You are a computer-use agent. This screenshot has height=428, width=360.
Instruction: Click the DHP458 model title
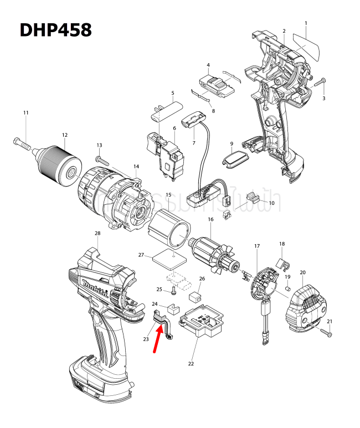coord(55,30)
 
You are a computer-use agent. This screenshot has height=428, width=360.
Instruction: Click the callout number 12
coord(64,135)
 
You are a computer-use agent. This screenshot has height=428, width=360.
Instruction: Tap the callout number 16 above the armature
coord(210,220)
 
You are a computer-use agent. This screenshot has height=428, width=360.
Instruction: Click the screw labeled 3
coord(320,83)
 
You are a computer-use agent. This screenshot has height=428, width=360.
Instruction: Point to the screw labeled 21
coord(325,332)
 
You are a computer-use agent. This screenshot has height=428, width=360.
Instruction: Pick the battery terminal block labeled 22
coord(201,323)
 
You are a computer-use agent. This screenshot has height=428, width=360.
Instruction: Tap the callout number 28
coord(97,233)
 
